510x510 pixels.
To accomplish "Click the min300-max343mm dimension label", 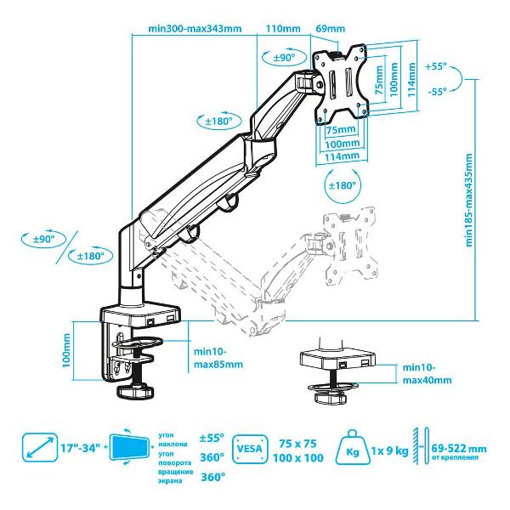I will coord(195,28).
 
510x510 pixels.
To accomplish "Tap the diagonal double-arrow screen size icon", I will coord(37,448).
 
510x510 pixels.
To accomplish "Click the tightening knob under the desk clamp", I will coord(131,393).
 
